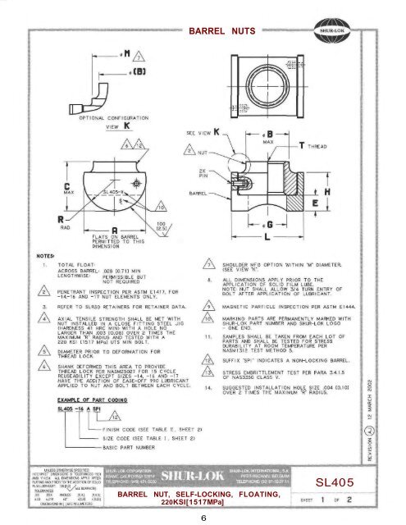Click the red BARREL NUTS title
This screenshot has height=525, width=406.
point(219,31)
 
